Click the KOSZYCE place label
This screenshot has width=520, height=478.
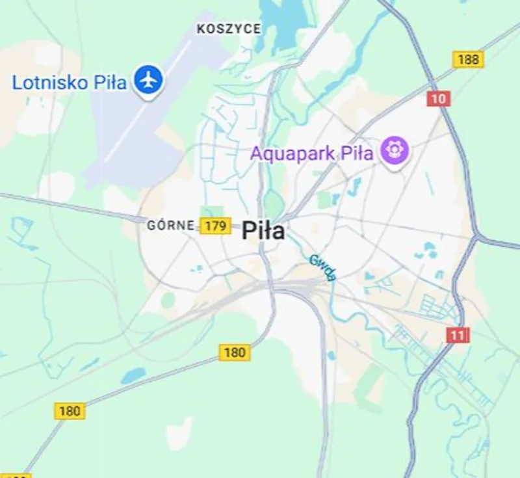click(x=229, y=29)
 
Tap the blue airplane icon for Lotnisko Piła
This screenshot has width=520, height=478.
click(x=149, y=80)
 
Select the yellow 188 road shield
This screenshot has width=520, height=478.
click(x=468, y=60)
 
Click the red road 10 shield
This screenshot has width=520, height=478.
click(x=439, y=99)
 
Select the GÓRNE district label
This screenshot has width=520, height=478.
click(x=171, y=226)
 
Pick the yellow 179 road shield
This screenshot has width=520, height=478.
click(x=215, y=226)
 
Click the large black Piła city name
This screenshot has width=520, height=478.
click(x=263, y=230)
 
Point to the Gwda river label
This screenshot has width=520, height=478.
click(x=322, y=267)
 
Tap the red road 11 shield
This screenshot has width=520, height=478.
click(x=458, y=336)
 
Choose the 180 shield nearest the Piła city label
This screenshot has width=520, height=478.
click(x=235, y=352)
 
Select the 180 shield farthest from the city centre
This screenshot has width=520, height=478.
click(x=70, y=411)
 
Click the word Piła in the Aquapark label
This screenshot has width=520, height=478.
click(x=358, y=154)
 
